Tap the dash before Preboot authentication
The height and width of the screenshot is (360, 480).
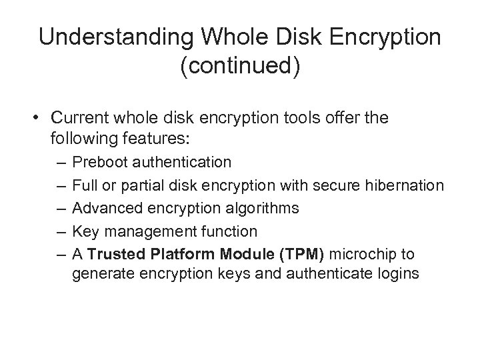tap(61, 162)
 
